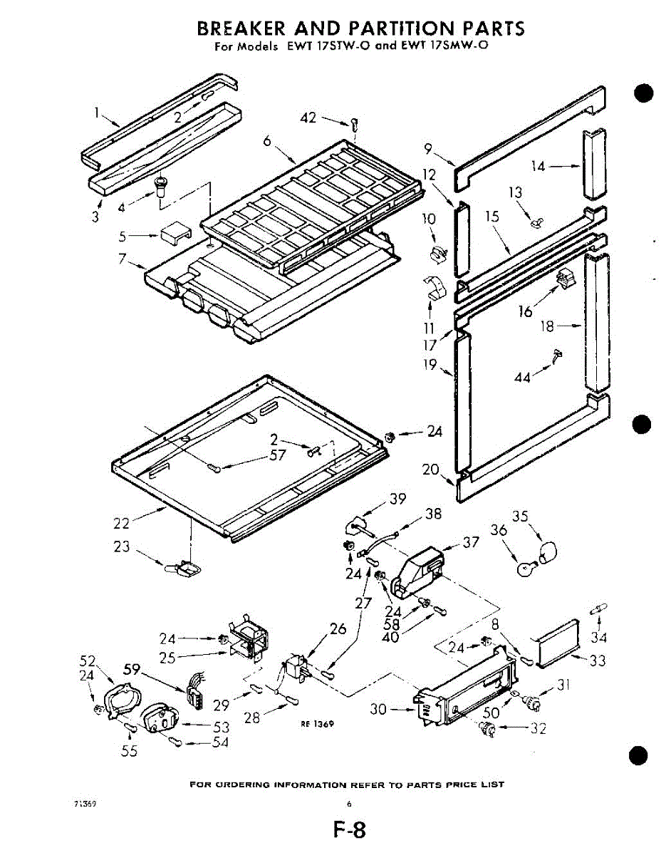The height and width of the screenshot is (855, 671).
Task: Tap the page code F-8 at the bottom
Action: click(349, 831)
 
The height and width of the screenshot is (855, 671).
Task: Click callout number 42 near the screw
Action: click(308, 118)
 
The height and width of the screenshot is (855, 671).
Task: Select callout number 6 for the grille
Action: click(267, 141)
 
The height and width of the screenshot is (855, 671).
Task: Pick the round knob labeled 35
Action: click(547, 549)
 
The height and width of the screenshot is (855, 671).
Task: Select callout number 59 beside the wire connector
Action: click(131, 670)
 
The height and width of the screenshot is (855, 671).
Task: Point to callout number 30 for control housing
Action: click(378, 709)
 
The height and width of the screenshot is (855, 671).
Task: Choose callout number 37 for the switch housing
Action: click(471, 542)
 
